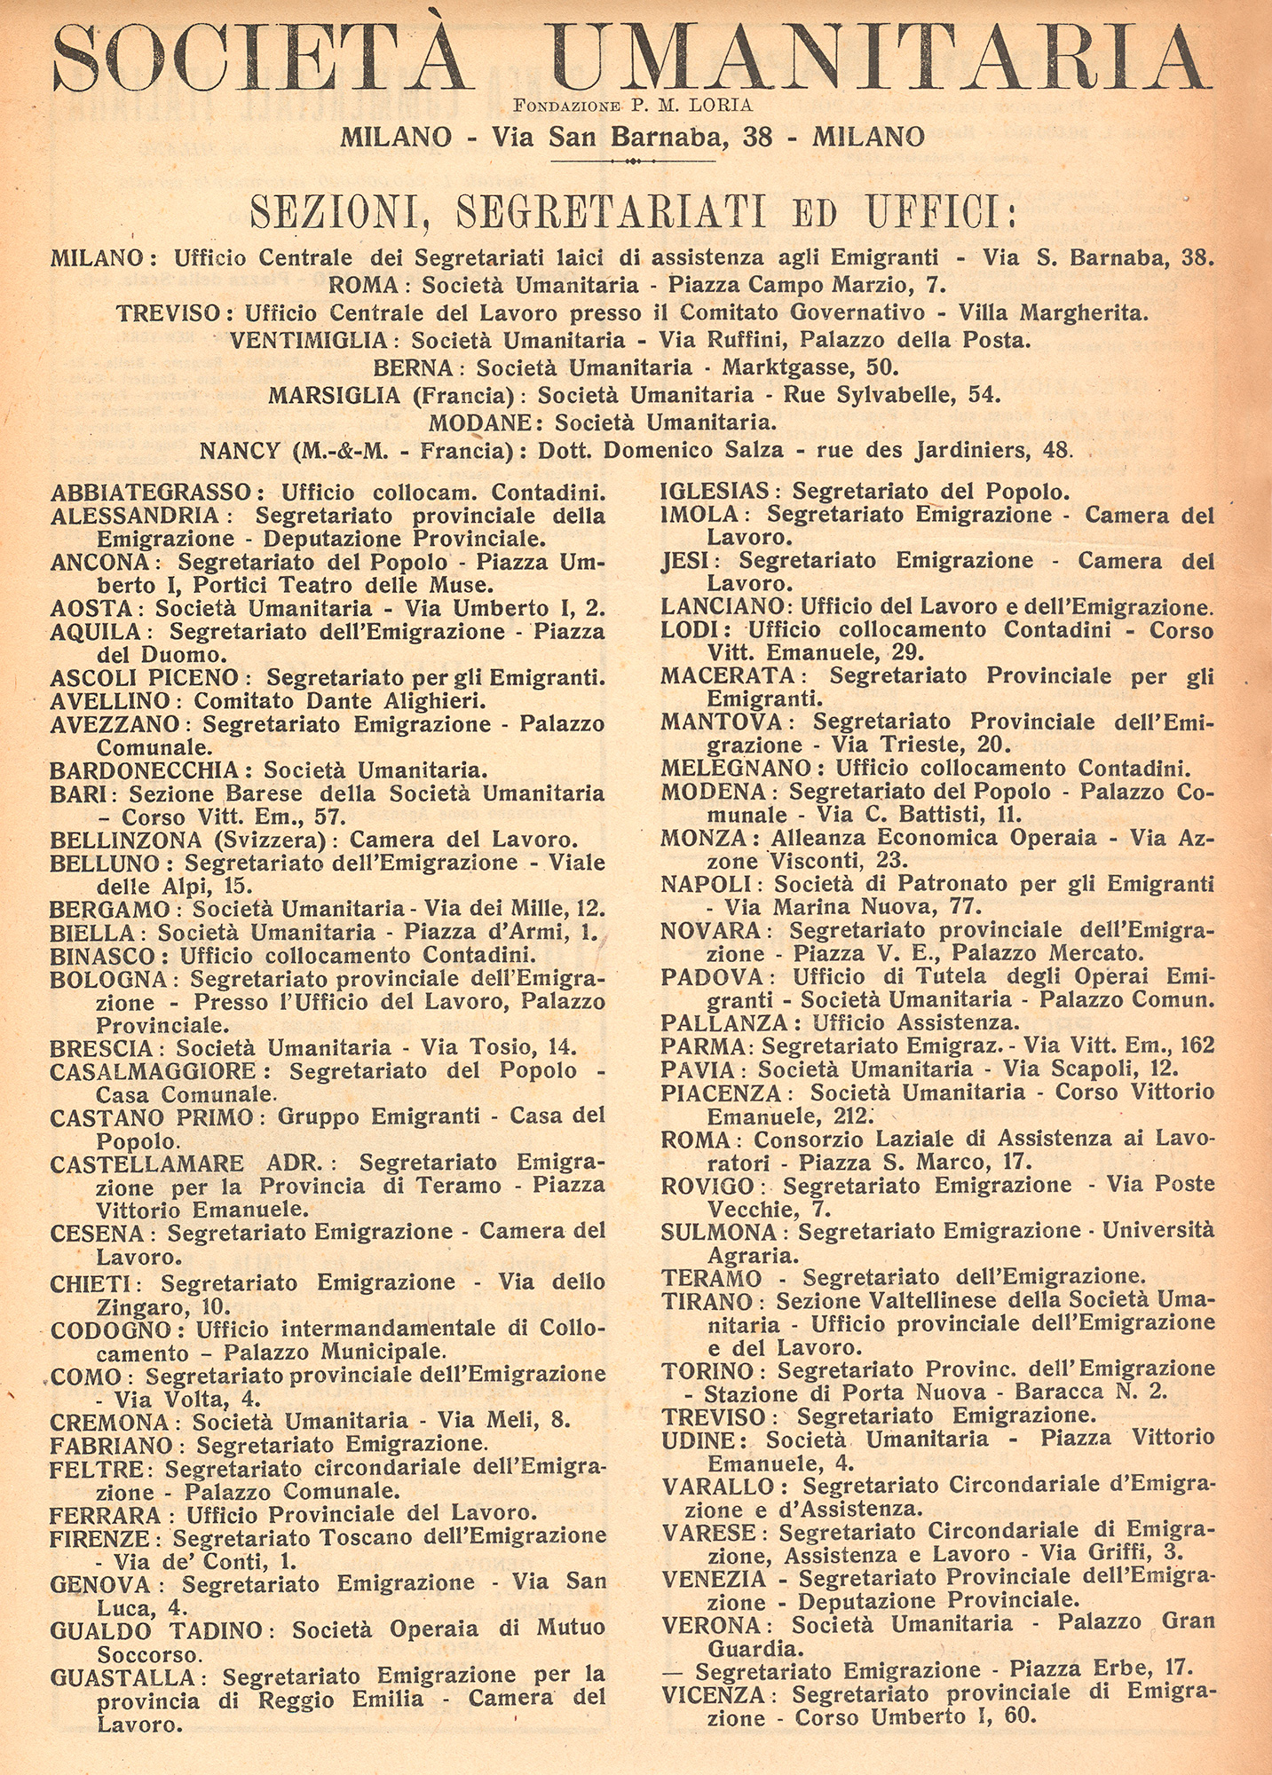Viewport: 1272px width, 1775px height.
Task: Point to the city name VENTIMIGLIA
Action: coord(308,340)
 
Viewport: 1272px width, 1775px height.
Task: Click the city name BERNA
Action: coord(414,367)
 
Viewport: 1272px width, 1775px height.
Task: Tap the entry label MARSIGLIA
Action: coord(334,395)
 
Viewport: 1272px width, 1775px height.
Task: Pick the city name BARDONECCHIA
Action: coord(144,769)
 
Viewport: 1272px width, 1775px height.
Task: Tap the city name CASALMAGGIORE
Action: coord(153,1071)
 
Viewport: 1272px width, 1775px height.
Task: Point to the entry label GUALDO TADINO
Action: coord(156,1629)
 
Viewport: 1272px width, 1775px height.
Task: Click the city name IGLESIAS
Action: coord(715,491)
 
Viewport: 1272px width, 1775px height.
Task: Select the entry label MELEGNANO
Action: coord(735,768)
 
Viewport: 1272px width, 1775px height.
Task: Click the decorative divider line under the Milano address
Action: coord(633,162)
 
